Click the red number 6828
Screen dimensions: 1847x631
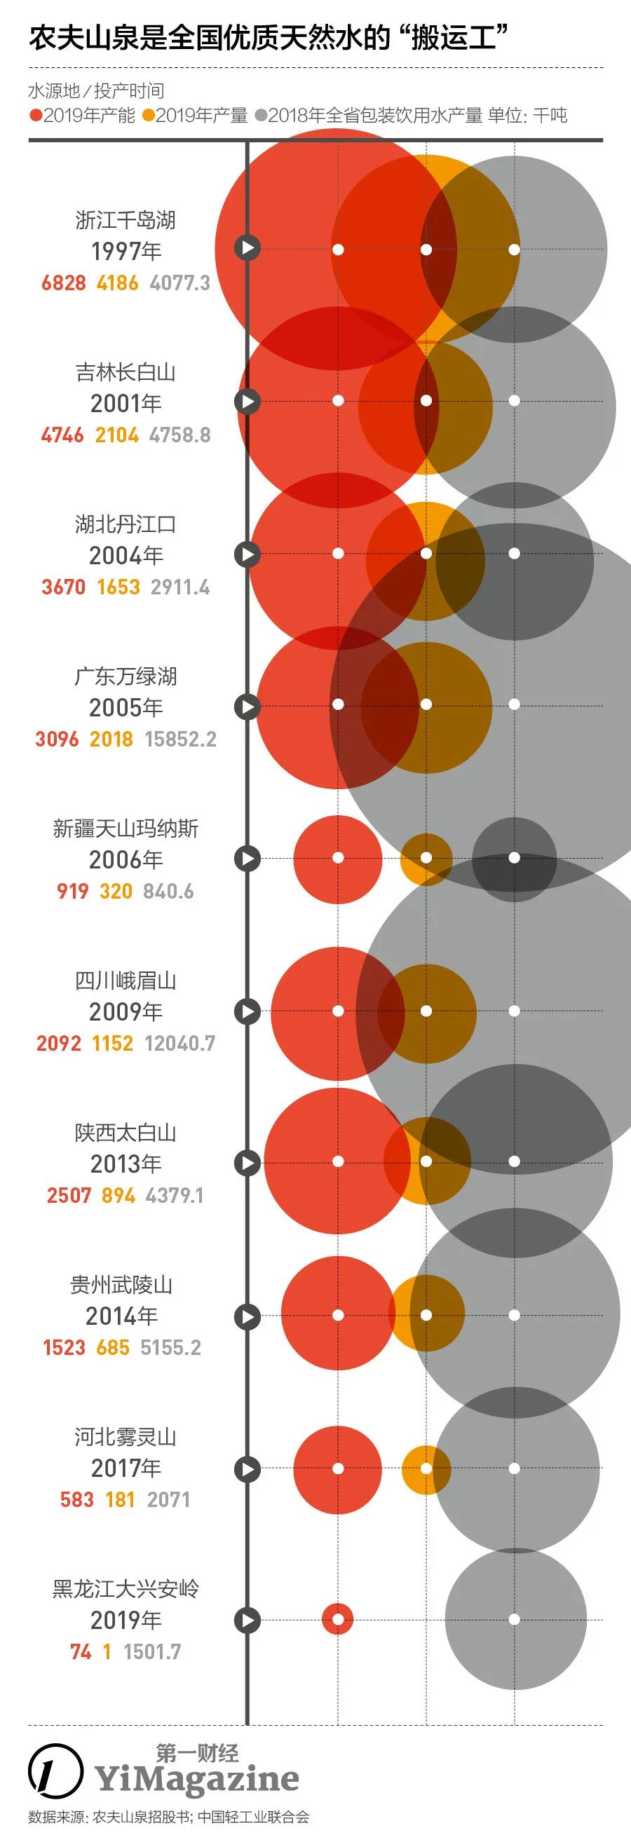[64, 282]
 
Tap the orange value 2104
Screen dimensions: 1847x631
[117, 435]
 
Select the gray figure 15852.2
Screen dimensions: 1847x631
[181, 739]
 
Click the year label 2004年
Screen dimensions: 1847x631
[126, 555]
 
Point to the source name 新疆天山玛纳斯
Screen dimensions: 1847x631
[125, 828]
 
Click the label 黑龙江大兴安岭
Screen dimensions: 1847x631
[125, 1588]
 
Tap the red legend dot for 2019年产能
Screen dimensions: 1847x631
[36, 116]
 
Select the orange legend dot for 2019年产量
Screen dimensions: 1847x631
[149, 116]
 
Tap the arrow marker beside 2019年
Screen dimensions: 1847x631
[248, 1620]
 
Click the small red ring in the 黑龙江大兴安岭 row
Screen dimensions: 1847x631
[338, 1619]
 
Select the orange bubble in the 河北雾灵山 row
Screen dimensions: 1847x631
[426, 1469]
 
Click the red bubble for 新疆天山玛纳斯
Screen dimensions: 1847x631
[338, 858]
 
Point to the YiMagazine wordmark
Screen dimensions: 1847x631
[197, 1779]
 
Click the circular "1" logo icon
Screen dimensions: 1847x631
[55, 1771]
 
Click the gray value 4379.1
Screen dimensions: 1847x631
[175, 1195]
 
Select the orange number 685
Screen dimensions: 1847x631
[114, 1347]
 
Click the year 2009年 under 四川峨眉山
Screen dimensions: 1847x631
[126, 1011]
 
